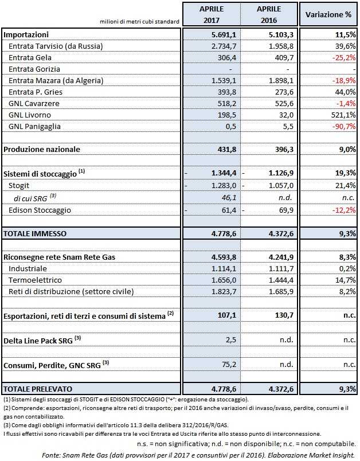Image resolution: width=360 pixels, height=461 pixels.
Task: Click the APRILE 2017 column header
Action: (212, 14)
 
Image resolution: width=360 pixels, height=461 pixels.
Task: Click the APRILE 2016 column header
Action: (269, 14)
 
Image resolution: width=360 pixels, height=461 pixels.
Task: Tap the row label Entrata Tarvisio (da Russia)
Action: (56, 45)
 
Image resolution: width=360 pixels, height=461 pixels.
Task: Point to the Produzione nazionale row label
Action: (42, 149)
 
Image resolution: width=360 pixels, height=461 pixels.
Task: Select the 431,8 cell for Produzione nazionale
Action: (224, 149)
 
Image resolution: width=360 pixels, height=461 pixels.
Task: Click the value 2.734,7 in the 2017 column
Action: (221, 45)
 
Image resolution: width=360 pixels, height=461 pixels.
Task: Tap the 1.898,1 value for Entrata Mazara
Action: (279, 81)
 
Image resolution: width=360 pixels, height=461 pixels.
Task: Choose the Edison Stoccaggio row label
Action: (40, 210)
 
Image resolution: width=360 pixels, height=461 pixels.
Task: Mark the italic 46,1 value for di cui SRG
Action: (226, 198)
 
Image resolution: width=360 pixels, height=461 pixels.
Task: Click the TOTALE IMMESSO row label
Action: (35, 233)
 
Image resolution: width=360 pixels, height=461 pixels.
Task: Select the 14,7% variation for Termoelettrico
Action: (343, 280)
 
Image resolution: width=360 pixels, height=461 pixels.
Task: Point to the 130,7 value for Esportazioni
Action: (283, 315)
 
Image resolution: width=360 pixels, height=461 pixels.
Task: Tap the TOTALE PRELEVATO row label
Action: (39, 389)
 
